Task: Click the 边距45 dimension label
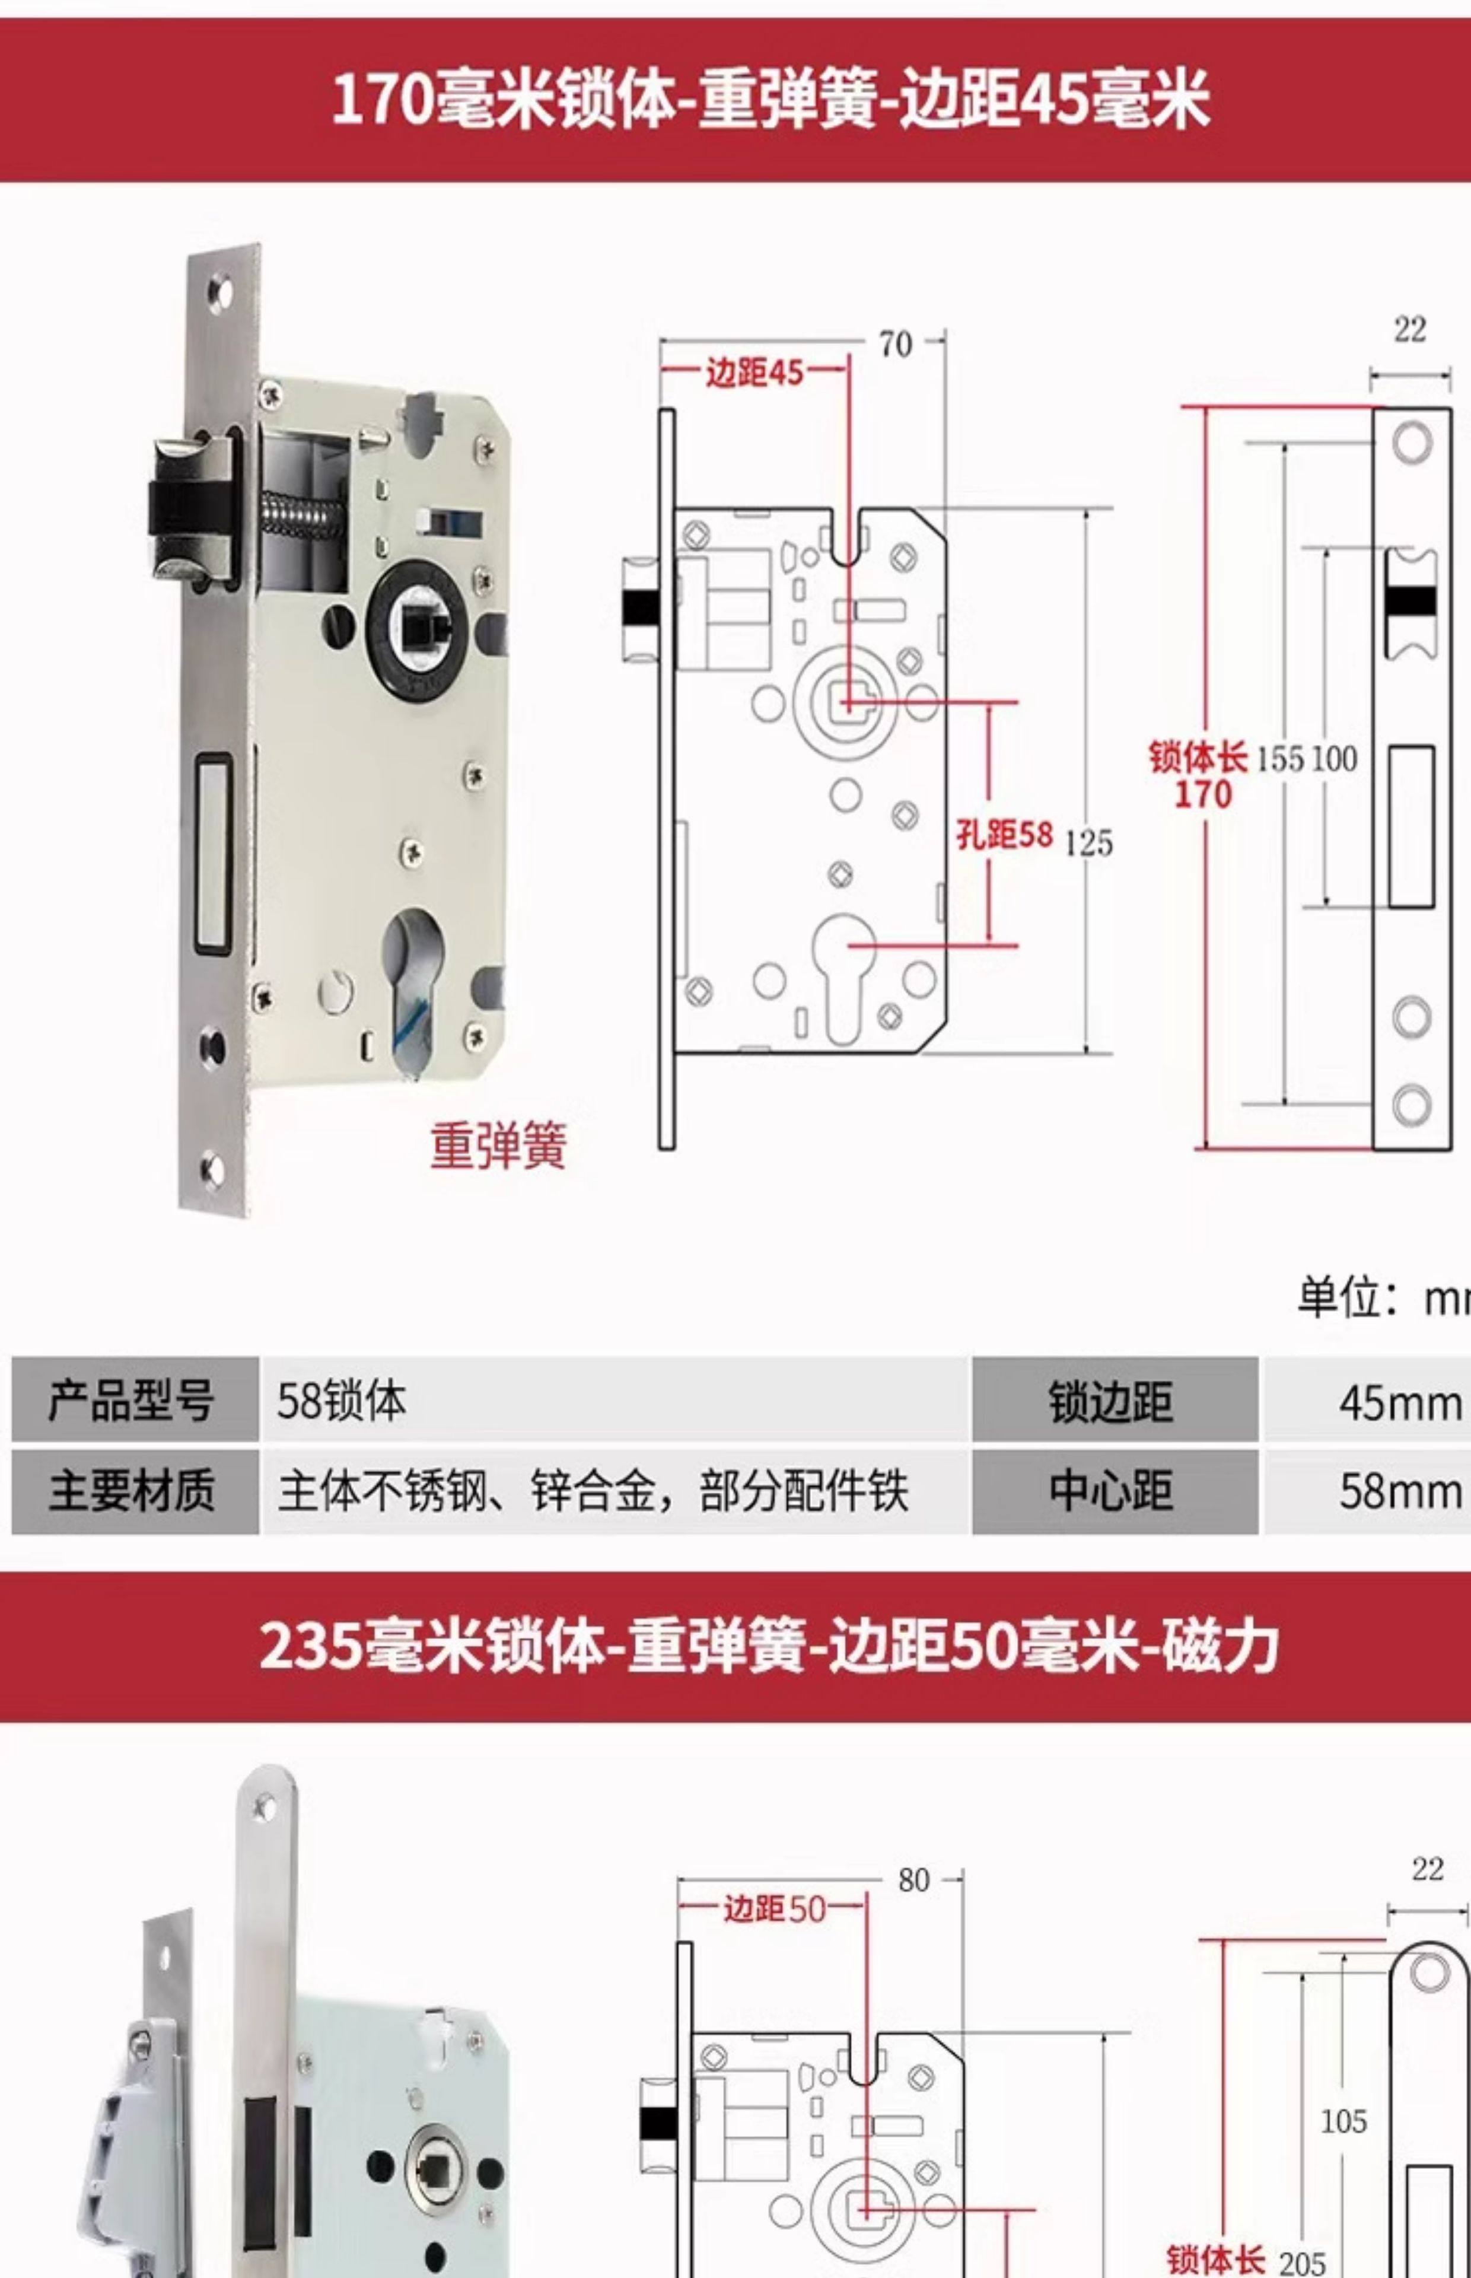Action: click(x=754, y=373)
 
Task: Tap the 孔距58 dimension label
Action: click(x=1004, y=835)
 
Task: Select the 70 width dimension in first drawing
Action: click(x=895, y=344)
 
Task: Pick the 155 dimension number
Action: click(x=1279, y=759)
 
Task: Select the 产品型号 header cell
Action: click(x=133, y=1400)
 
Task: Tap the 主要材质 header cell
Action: click(x=133, y=1491)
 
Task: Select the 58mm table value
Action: click(x=1399, y=1491)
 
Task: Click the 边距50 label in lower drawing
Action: click(x=773, y=1908)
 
